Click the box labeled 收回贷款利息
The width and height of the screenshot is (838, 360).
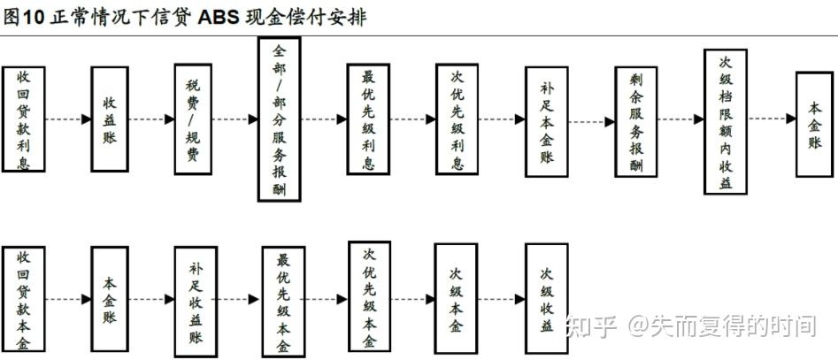pyautogui.click(x=24, y=119)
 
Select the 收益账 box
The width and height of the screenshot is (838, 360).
pyautogui.click(x=110, y=119)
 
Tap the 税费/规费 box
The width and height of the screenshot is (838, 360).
pyautogui.click(x=193, y=119)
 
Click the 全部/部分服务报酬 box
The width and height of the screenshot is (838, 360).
pyautogui.click(x=279, y=119)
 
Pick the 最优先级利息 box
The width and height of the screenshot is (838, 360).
pyautogui.click(x=368, y=119)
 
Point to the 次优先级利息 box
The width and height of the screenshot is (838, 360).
pyautogui.click(x=457, y=119)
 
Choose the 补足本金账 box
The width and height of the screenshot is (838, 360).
pyautogui.click(x=546, y=122)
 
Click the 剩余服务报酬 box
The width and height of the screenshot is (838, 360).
pyautogui.click(x=636, y=122)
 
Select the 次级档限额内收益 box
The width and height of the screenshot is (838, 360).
pyautogui.click(x=726, y=122)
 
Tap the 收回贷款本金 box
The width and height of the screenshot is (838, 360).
pyautogui.click(x=24, y=299)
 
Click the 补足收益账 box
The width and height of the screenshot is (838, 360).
pyautogui.click(x=196, y=302)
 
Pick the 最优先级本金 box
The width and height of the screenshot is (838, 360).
pyautogui.click(x=283, y=302)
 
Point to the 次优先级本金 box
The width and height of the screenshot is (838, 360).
pyautogui.click(x=369, y=297)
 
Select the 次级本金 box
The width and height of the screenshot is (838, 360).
pyautogui.click(x=456, y=299)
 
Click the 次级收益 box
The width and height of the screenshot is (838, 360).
pyautogui.click(x=546, y=299)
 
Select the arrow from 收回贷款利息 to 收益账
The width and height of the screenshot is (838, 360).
pyautogui.click(x=68, y=119)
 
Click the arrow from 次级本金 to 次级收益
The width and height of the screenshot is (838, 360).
pyautogui.click(x=502, y=299)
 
